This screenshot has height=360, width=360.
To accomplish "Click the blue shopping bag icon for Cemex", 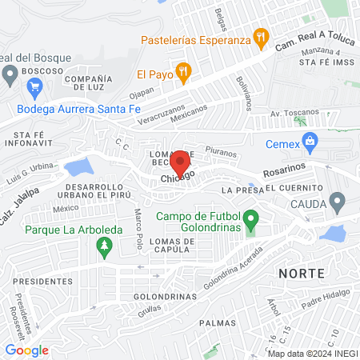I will [312, 144].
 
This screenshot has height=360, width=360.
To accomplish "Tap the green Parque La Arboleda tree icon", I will [102, 248].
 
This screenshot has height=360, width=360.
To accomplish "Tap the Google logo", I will [26, 350].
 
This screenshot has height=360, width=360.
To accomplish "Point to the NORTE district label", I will [302, 273].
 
